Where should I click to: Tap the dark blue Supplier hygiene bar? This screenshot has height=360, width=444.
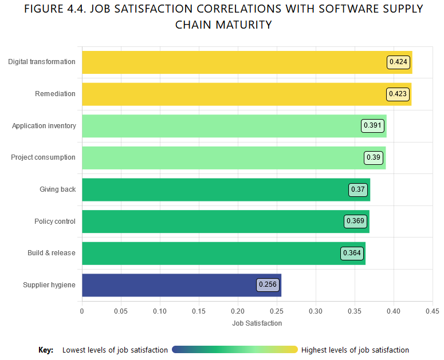[x=172, y=285]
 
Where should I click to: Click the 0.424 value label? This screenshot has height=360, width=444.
[x=399, y=62]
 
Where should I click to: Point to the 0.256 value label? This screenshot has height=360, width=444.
[x=268, y=284]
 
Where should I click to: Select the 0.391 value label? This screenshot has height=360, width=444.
[x=372, y=126]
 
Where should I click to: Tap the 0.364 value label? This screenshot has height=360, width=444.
[x=352, y=253]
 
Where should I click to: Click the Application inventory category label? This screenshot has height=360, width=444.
[x=44, y=126]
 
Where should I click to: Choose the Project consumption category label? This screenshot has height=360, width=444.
[x=43, y=157]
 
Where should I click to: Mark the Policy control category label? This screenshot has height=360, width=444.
[x=54, y=221]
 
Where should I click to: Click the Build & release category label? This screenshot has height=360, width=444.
[x=51, y=253]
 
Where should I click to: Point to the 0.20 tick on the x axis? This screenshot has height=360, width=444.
[x=238, y=311]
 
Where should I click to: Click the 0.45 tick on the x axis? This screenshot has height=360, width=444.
[x=432, y=311]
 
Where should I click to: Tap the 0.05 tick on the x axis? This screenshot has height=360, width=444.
[x=121, y=311]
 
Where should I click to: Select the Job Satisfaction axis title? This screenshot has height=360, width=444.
[x=257, y=323]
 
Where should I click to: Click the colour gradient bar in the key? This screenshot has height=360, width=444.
[x=235, y=350]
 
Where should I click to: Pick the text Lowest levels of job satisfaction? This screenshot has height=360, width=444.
[x=115, y=350]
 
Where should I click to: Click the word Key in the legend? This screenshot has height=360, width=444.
[x=46, y=350]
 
